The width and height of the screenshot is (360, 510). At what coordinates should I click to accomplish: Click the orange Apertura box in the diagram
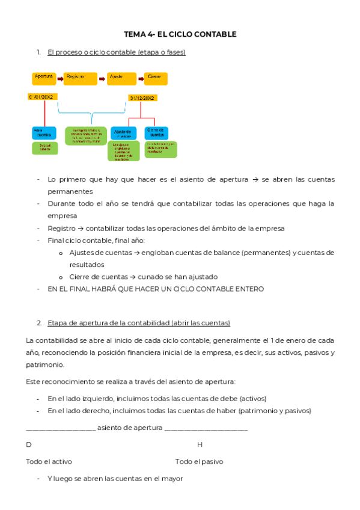44,78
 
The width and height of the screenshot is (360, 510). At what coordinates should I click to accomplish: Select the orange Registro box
80,78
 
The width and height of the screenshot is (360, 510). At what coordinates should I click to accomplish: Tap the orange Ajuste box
122,78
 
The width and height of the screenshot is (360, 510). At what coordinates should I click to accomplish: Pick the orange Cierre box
156,78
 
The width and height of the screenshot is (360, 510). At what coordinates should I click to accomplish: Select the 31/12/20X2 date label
142,97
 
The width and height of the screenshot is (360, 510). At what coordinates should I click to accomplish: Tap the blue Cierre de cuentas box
155,133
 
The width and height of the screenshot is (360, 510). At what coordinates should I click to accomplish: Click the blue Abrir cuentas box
44,134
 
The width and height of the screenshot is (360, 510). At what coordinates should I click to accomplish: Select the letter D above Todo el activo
29,444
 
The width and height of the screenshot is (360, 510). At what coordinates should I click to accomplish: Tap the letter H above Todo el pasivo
200,444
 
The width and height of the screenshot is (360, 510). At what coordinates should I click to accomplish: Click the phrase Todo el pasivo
199,462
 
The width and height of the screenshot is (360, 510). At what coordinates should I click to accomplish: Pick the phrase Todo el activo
49,462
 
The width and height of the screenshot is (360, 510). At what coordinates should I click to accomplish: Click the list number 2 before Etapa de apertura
39,323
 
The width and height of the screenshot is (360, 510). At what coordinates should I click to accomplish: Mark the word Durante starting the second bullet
61,203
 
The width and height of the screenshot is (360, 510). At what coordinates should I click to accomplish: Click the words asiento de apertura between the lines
130,428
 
